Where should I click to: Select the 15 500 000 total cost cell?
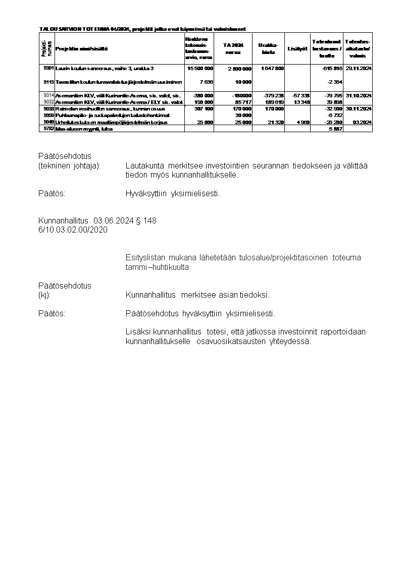click(x=200, y=68)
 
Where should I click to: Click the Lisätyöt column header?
click(x=297, y=48)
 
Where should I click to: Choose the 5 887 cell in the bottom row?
click(x=335, y=129)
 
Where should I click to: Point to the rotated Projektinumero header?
click(x=46, y=48)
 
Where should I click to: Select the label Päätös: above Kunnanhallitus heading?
click(x=52, y=193)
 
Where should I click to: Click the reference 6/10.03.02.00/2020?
click(x=73, y=230)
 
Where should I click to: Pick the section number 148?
click(x=150, y=220)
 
